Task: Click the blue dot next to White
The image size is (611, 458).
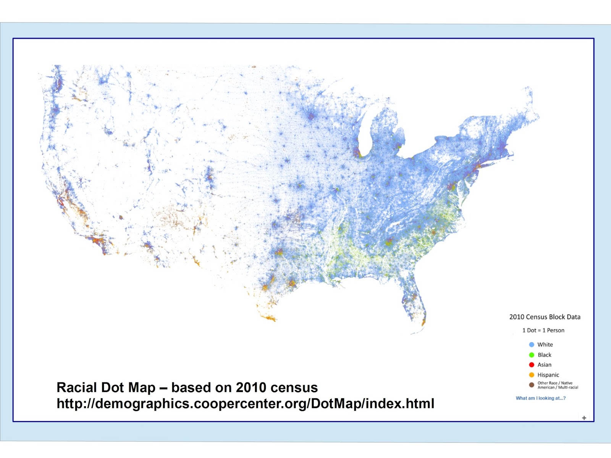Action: (532, 345)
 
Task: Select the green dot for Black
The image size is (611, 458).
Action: (532, 355)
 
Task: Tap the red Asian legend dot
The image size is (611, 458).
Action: (532, 365)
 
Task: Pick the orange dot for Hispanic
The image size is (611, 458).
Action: (532, 375)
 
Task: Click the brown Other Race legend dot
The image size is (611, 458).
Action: (532, 385)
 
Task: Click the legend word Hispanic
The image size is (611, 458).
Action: (548, 375)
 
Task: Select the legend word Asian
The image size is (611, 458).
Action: (544, 365)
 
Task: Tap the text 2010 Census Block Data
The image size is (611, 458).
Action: (545, 317)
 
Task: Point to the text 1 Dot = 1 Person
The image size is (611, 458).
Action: (543, 331)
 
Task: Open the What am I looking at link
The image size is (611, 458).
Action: (540, 398)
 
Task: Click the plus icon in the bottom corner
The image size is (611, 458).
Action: (584, 418)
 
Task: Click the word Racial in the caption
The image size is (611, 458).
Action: (76, 387)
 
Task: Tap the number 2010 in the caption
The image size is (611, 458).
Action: (251, 387)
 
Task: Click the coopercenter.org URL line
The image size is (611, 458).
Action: (245, 403)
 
